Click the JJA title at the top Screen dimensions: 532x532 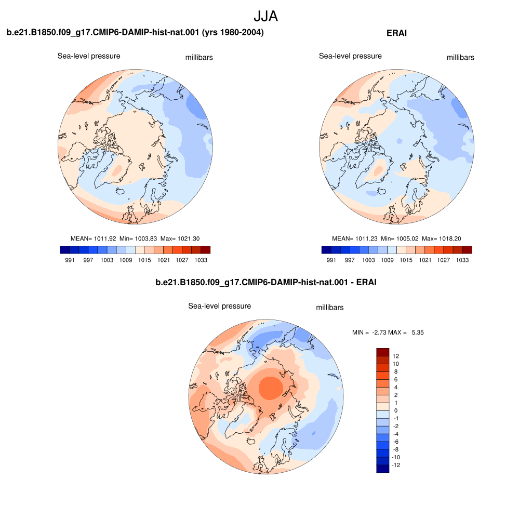(265, 16)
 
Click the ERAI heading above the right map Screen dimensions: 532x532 (396, 33)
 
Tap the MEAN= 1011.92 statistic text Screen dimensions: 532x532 (94, 238)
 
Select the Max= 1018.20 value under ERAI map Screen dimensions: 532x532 (442, 238)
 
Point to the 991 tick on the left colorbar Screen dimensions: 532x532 (70, 260)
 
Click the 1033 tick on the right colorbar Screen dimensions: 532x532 (462, 260)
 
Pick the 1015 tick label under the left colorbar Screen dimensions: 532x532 (144, 260)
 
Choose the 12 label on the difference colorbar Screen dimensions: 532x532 (395, 356)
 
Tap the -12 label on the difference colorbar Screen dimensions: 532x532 (396, 465)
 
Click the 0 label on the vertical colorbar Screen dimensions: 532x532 (395, 410)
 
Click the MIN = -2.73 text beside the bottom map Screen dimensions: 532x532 (369, 332)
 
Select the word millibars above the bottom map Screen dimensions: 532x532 (330, 308)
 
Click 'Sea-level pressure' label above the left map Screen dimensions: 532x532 (89, 56)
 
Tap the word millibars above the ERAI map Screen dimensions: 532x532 (460, 57)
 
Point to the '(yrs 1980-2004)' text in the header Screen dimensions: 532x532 (233, 32)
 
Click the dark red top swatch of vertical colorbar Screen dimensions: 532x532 (383, 352)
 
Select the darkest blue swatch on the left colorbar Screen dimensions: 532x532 (65, 250)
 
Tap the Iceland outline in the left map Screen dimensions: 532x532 (121, 191)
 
